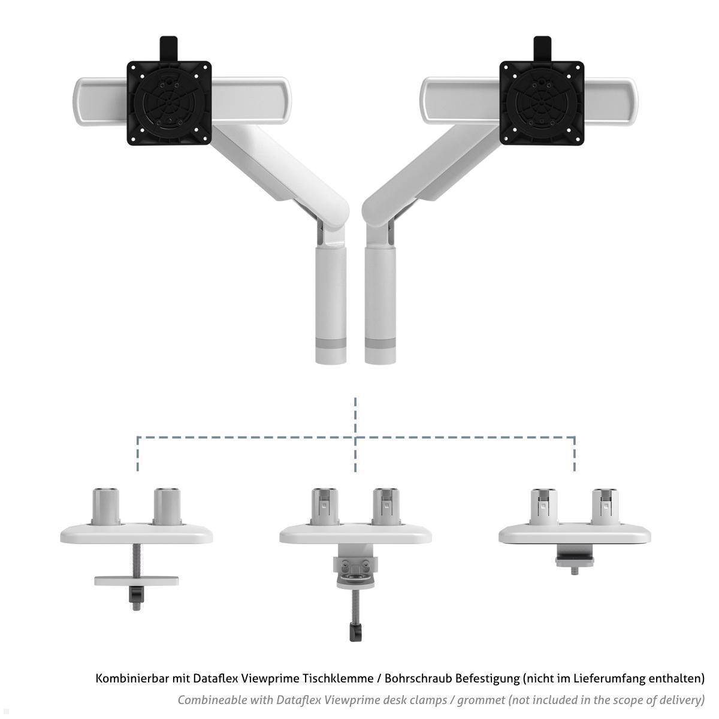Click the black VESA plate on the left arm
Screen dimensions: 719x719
(169, 103)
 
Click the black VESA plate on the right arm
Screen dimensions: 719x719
(542, 103)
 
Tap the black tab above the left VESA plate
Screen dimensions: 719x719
(169, 49)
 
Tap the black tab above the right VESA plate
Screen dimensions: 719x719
(542, 49)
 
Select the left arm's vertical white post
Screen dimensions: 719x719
(331, 304)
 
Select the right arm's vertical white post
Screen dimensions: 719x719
(380, 304)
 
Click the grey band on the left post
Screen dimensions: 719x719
(331, 343)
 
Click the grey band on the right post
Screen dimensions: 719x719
(380, 343)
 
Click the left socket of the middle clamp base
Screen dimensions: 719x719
(325, 506)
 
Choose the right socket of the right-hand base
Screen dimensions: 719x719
(605, 506)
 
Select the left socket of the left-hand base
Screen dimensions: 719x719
(106, 506)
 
